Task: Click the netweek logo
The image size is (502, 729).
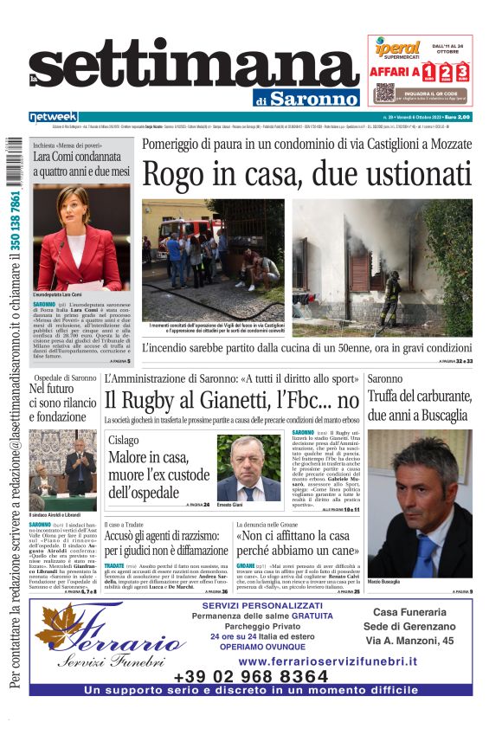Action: point(53,116)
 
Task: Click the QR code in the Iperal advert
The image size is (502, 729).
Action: point(385,92)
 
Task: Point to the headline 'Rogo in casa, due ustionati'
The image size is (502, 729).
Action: point(306,175)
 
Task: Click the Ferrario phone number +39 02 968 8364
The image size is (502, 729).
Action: point(251,676)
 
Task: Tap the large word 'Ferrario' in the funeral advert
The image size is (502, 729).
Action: point(121,642)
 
